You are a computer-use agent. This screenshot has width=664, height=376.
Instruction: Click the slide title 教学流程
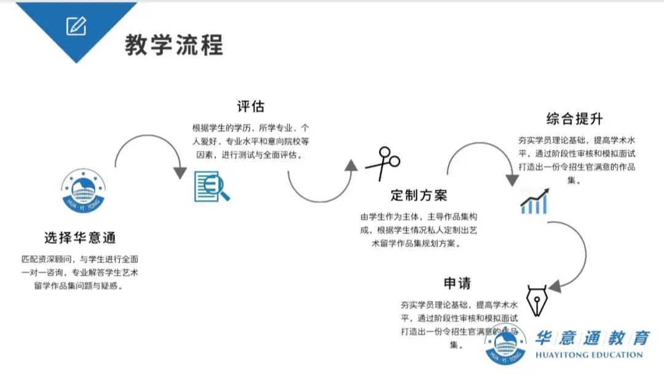[174, 44]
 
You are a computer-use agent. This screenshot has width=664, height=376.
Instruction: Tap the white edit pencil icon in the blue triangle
[76, 26]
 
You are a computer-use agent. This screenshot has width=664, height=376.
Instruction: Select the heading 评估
[250, 106]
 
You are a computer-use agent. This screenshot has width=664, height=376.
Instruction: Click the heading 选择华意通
[80, 237]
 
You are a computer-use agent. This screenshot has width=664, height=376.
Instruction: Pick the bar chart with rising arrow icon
[534, 202]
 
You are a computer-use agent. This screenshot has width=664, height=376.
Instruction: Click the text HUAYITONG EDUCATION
[588, 355]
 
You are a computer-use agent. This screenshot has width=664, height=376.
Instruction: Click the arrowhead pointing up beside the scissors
[351, 165]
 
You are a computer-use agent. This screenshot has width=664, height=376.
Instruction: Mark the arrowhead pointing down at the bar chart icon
[512, 179]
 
